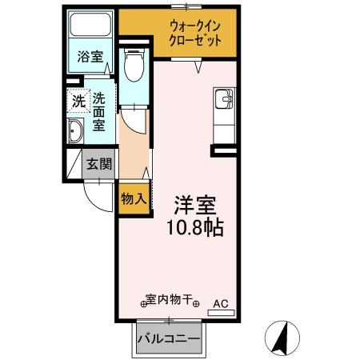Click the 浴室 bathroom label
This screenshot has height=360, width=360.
(x=90, y=58)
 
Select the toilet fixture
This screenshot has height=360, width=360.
(x=134, y=66)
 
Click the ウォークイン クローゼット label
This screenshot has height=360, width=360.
(x=194, y=35)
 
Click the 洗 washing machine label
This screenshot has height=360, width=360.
(x=78, y=102)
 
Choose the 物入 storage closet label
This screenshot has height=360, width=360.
(x=133, y=198)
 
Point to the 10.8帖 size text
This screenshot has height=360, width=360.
(x=195, y=226)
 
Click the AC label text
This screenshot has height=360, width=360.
(x=221, y=303)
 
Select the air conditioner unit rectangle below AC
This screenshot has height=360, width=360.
(x=221, y=313)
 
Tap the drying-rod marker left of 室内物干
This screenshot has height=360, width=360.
(x=145, y=303)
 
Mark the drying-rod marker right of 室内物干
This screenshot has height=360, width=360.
(x=196, y=303)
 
